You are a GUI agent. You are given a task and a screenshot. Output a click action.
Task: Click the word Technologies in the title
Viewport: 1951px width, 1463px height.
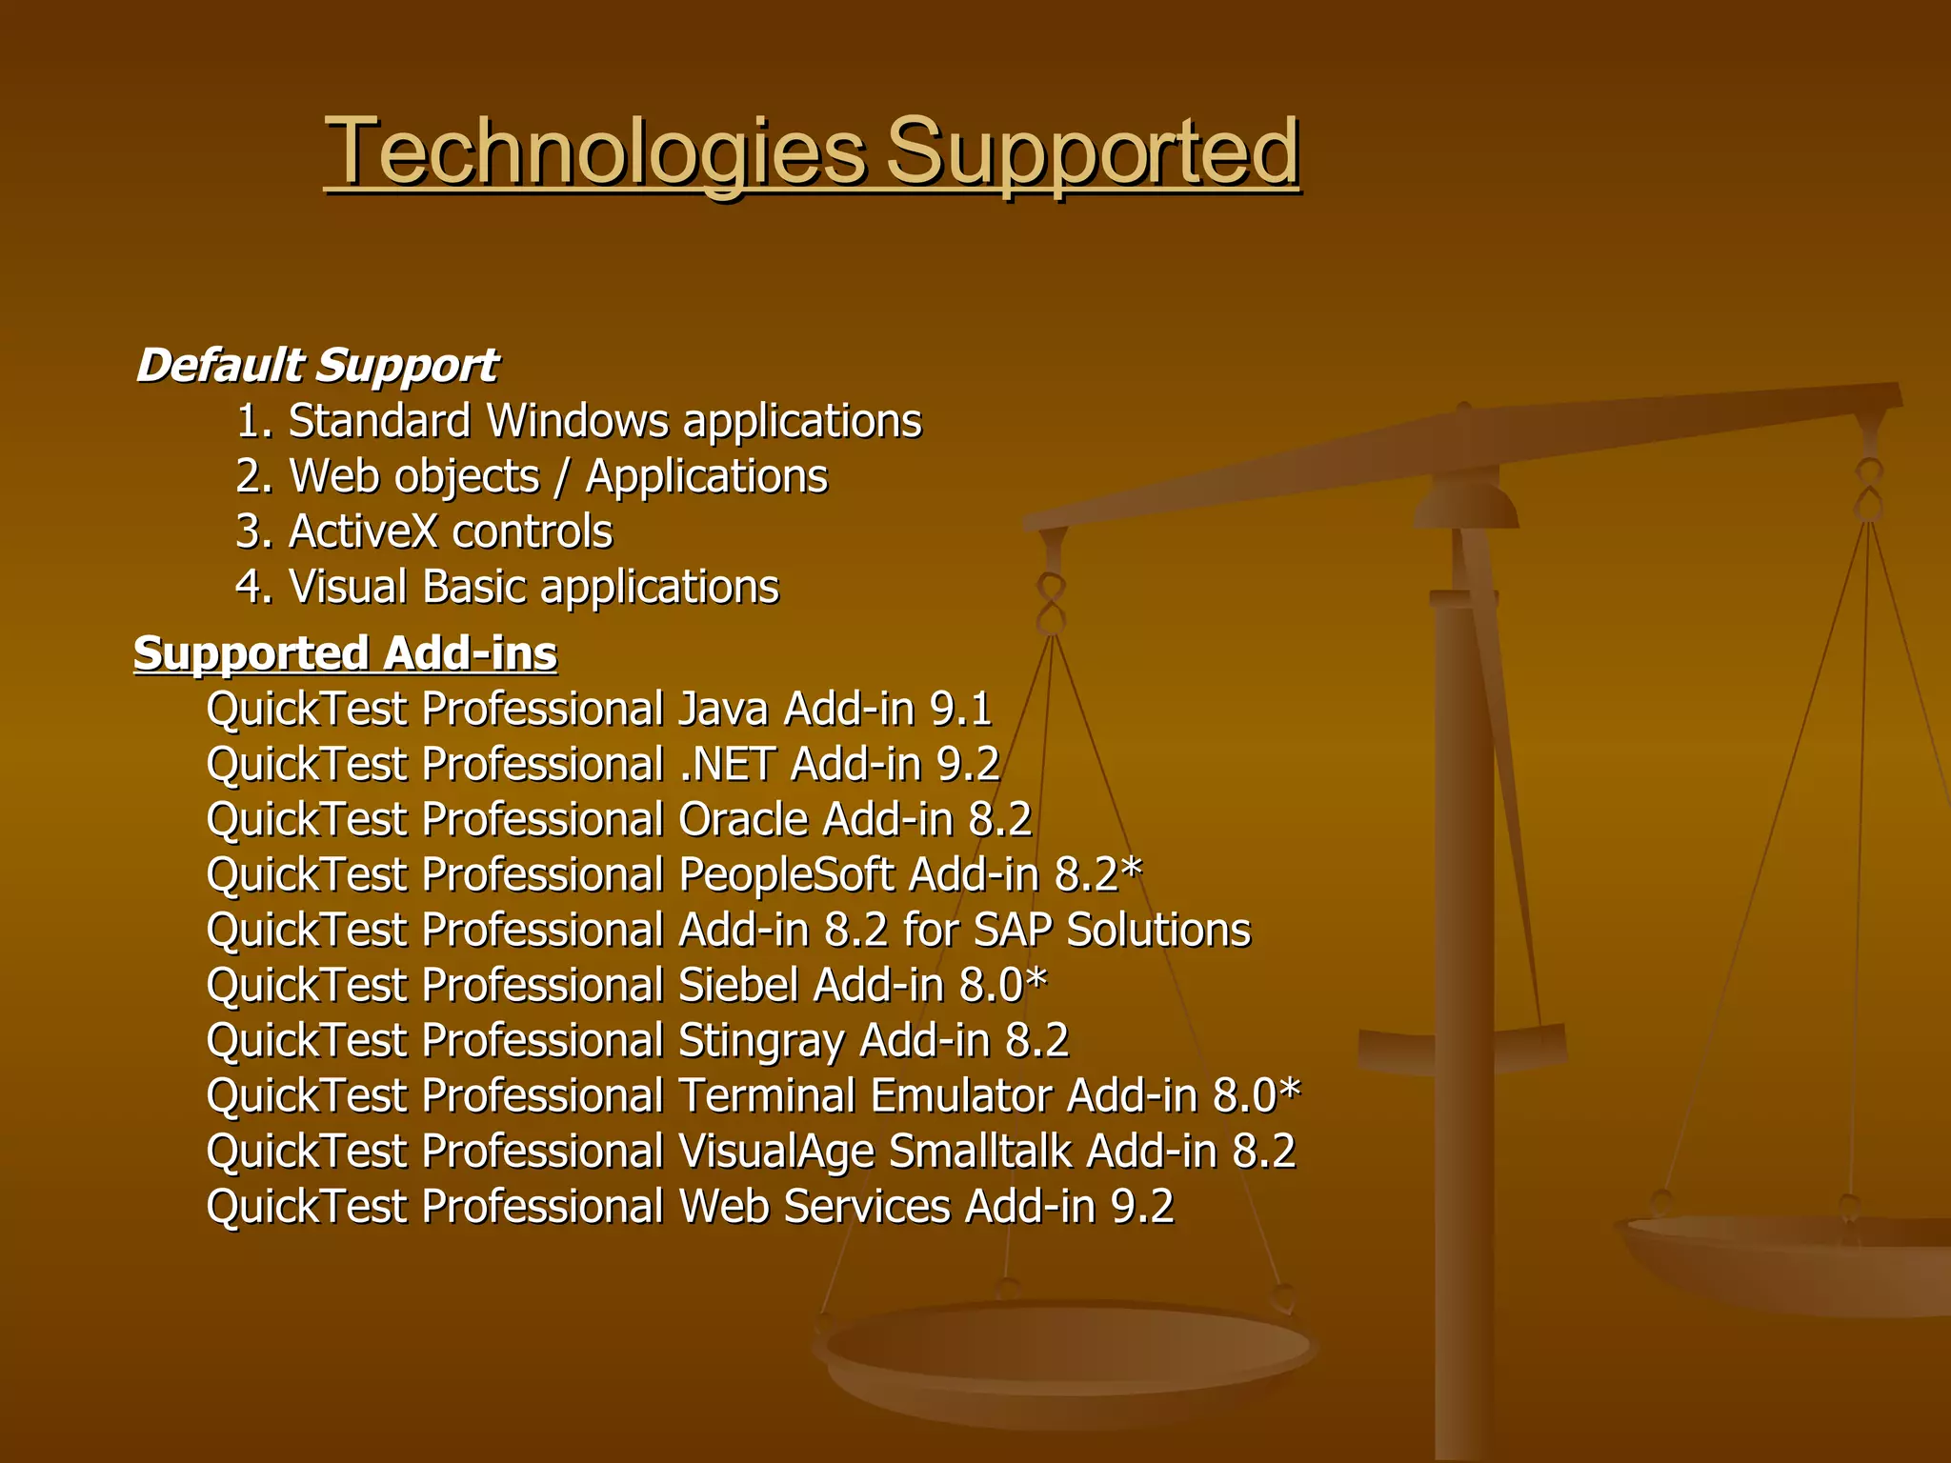[595, 152]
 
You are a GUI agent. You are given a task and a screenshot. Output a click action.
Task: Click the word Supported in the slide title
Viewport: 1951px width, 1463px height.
[1093, 152]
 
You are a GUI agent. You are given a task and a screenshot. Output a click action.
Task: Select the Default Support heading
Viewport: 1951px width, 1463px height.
[316, 366]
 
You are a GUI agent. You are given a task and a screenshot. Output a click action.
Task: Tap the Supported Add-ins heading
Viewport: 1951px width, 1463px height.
[345, 654]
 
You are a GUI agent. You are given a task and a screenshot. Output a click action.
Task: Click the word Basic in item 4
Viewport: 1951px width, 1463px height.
[473, 587]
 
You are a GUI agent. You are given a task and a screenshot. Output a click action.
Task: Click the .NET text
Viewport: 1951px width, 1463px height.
[728, 765]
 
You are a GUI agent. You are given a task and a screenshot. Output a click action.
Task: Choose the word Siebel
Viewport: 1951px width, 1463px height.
[738, 986]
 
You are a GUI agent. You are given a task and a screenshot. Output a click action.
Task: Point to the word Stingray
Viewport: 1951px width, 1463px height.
[761, 1041]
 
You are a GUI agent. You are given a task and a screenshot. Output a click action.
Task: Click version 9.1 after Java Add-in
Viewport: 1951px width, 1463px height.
[961, 710]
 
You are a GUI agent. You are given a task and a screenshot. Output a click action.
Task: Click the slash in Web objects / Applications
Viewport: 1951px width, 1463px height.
[562, 476]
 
